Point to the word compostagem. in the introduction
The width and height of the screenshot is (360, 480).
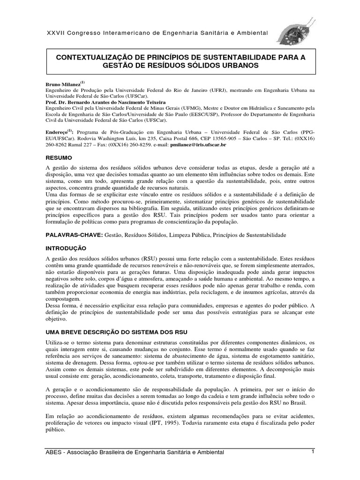63,299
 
